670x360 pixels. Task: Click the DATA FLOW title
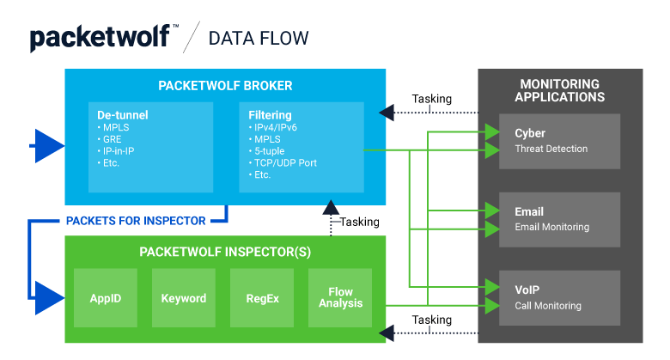click(x=259, y=39)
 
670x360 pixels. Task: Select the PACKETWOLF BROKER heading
click(x=225, y=86)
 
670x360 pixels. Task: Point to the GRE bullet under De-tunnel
click(x=112, y=138)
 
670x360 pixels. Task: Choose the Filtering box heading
click(x=269, y=114)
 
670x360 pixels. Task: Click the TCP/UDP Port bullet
click(x=285, y=162)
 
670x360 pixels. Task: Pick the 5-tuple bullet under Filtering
click(x=270, y=150)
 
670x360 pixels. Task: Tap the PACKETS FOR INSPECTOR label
click(x=136, y=221)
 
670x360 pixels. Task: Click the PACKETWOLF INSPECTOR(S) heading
click(x=225, y=252)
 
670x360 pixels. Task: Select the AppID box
click(x=106, y=298)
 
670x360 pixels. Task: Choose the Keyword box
click(x=183, y=298)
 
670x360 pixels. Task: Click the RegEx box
click(x=261, y=298)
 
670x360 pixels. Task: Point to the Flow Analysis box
click(x=340, y=298)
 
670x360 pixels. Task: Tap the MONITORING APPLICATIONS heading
click(x=560, y=90)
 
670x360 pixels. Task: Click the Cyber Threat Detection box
click(x=560, y=140)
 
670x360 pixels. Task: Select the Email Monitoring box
click(x=560, y=219)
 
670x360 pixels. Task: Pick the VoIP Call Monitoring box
click(x=560, y=297)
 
